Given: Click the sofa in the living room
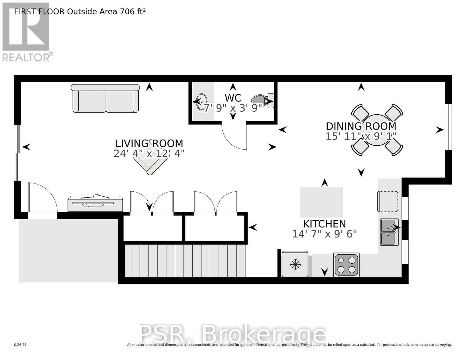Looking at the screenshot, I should pos(105,98).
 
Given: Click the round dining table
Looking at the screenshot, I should pos(377,130).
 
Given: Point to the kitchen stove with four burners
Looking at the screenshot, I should pos(346,265).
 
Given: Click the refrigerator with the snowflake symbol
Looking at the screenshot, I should pos(295,264).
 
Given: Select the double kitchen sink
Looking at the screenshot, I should pos(389,232).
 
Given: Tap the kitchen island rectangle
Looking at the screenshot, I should pos(321,202).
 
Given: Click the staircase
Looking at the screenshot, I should pos(185,261).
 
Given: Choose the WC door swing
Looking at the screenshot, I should pos(234,136).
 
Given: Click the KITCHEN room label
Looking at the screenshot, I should pos(324,224).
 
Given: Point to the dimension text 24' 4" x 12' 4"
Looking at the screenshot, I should pos(149,153).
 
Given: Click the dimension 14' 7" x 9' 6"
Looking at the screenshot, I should pos(324,234).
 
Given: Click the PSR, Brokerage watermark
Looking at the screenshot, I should pos(233,334).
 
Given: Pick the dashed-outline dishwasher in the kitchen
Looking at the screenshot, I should pos(387,201).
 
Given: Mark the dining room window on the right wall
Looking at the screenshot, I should pos(448,127).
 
